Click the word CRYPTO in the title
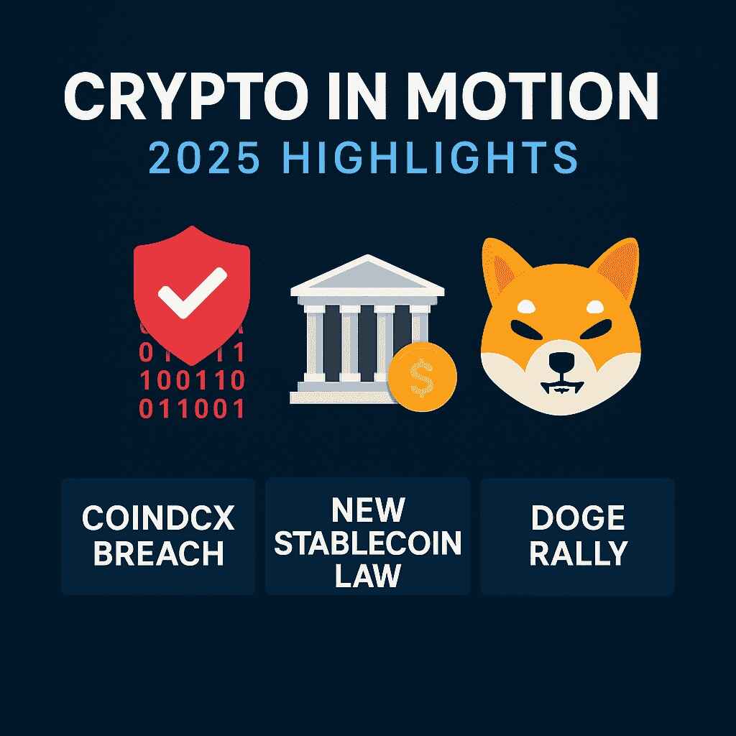point(186,97)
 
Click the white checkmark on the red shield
point(192,293)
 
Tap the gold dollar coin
point(422,377)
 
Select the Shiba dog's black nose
point(561,362)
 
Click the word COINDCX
point(158,519)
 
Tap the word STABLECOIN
point(368,543)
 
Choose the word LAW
point(368,576)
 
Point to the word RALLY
point(579,553)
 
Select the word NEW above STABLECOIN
point(368,510)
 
